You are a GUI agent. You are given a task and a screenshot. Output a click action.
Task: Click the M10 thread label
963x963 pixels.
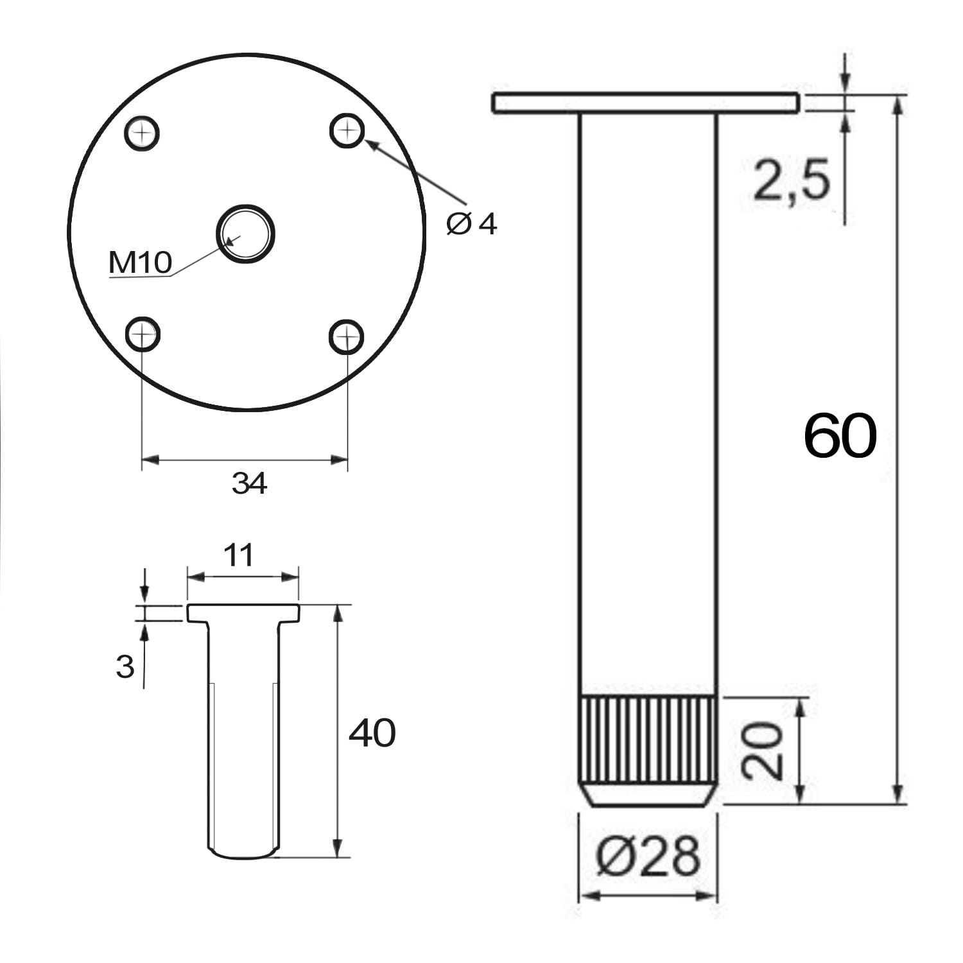[141, 263]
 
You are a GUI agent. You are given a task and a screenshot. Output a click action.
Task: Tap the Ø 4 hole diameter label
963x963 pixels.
[472, 224]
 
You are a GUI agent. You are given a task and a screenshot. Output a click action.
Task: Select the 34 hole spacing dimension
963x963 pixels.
[249, 483]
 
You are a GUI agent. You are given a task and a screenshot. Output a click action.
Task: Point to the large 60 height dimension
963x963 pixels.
[840, 436]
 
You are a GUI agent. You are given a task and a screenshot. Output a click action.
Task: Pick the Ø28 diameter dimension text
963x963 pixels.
[647, 856]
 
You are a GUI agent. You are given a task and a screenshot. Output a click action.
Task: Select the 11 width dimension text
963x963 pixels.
[239, 555]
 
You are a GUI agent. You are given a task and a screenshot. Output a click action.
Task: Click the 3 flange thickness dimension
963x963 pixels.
[125, 667]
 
